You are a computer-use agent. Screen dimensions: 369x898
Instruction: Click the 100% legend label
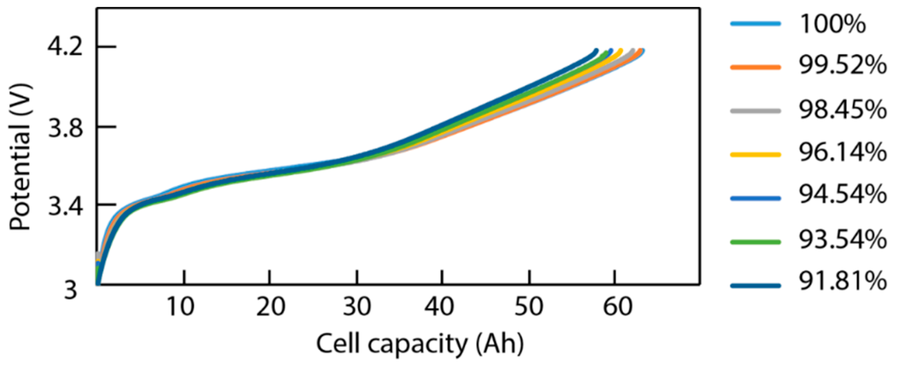832,24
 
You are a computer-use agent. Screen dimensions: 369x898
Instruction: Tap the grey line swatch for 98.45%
755,111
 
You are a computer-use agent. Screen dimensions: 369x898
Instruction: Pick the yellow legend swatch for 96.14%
755,155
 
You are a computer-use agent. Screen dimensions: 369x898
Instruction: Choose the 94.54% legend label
843,194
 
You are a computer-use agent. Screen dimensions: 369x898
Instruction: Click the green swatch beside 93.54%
755,242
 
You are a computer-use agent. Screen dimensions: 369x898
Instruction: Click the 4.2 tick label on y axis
65,47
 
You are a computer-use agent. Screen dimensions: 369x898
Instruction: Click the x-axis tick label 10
180,307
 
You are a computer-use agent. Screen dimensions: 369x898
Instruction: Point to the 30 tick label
356,307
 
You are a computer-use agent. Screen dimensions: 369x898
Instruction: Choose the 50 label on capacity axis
529,307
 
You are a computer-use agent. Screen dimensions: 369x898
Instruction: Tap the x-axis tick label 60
617,307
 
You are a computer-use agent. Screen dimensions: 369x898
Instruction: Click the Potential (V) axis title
20,157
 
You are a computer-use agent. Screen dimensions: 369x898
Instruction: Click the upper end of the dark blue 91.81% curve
597,50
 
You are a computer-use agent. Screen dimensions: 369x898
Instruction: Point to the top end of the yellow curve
621,50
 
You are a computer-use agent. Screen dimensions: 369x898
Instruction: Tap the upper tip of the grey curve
633,50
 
